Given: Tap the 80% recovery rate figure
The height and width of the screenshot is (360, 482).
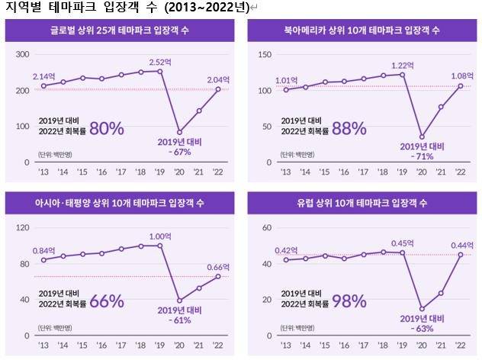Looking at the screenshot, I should pos(106,128).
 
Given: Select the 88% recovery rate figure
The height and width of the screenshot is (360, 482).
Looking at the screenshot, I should pos(349,128).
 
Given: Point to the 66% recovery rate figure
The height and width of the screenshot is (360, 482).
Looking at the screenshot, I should pos(106,301).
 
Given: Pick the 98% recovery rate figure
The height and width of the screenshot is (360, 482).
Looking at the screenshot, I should pos(349,301).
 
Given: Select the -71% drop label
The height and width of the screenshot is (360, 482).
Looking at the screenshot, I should pos(422,156).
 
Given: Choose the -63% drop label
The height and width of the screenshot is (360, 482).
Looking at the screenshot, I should pos(422,329).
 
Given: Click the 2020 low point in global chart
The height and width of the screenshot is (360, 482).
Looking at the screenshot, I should pos(179,132).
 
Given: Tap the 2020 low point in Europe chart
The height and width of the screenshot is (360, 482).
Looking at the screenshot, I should pos(422,309).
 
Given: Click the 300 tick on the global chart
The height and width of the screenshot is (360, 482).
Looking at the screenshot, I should pos(22,54).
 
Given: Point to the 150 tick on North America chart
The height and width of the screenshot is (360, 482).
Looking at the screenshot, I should pos(265,54).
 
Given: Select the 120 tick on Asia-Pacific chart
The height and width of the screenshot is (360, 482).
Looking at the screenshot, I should pos(22,227).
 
